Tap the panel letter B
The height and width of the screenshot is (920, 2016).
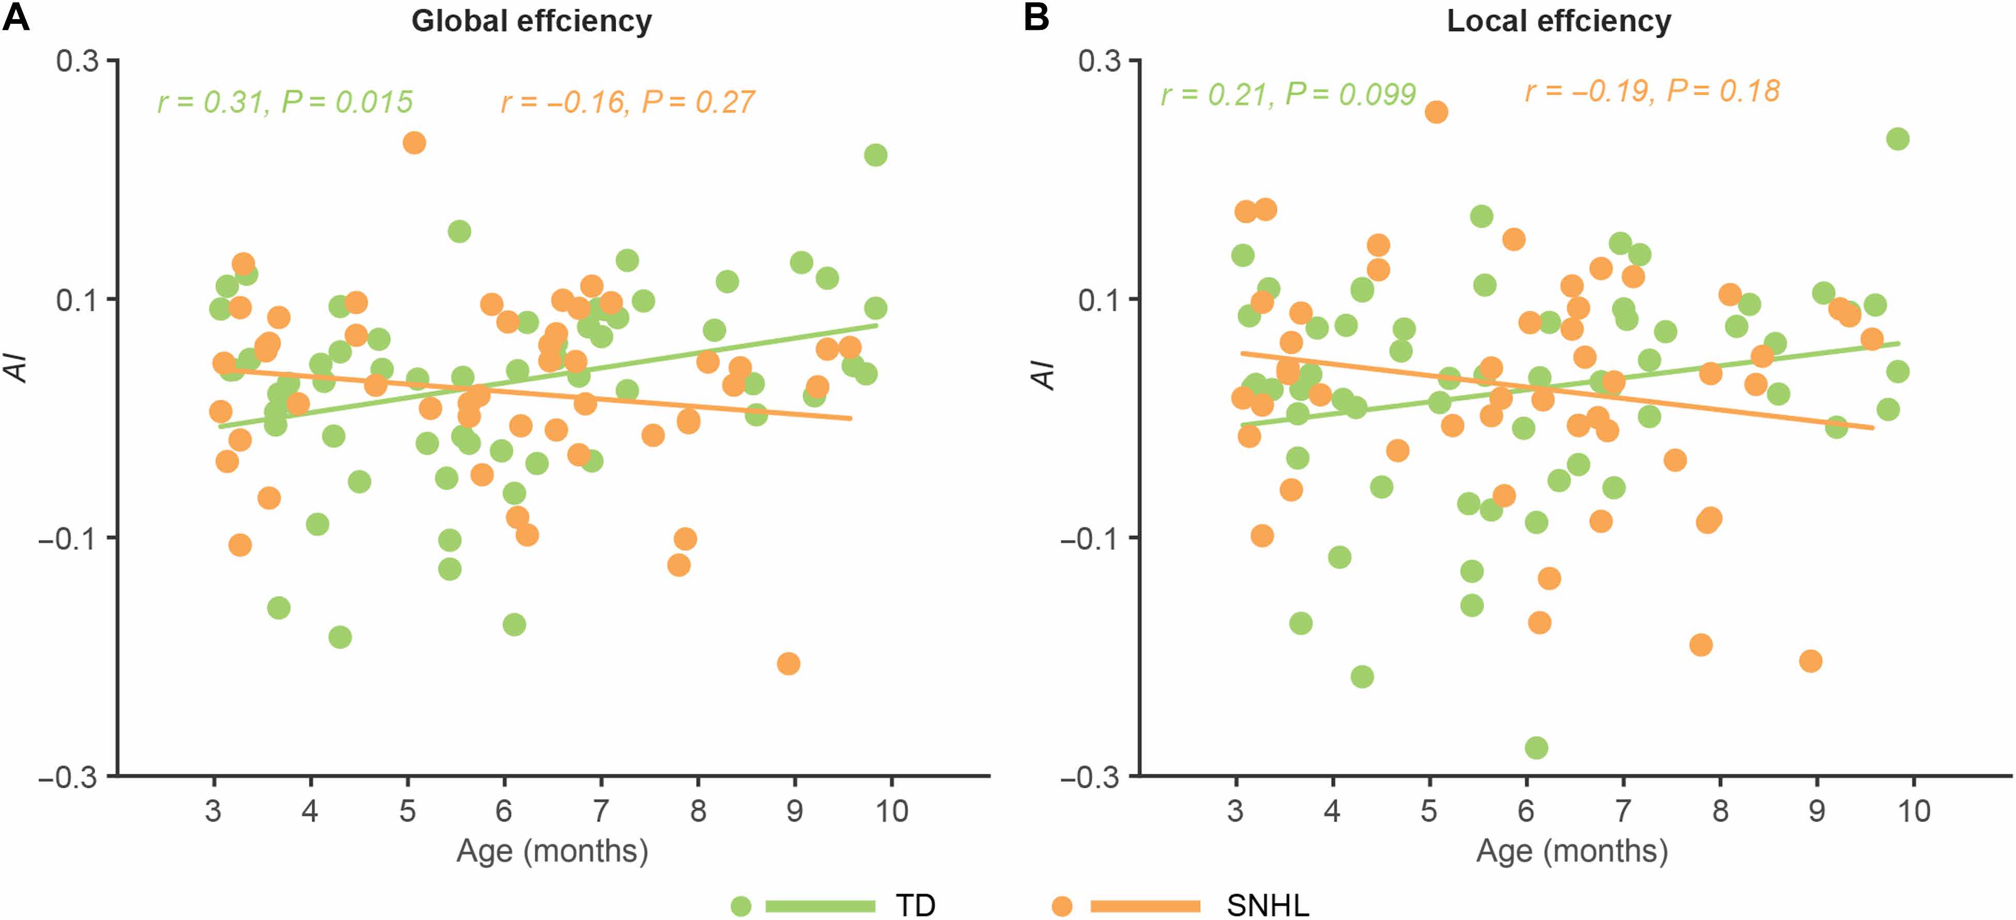(1036, 17)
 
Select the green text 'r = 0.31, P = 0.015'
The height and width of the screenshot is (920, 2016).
(285, 102)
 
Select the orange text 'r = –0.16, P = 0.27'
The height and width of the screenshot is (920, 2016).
(628, 102)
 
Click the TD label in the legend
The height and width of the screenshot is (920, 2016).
(915, 905)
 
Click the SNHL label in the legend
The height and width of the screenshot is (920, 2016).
(1268, 905)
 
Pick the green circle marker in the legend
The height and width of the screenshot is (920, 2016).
(740, 906)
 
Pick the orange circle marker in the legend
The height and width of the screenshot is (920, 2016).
(1061, 906)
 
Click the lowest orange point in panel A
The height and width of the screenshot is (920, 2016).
(788, 664)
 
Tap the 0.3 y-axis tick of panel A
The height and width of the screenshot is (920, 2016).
(78, 61)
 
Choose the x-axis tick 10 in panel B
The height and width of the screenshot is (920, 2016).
(1914, 811)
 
